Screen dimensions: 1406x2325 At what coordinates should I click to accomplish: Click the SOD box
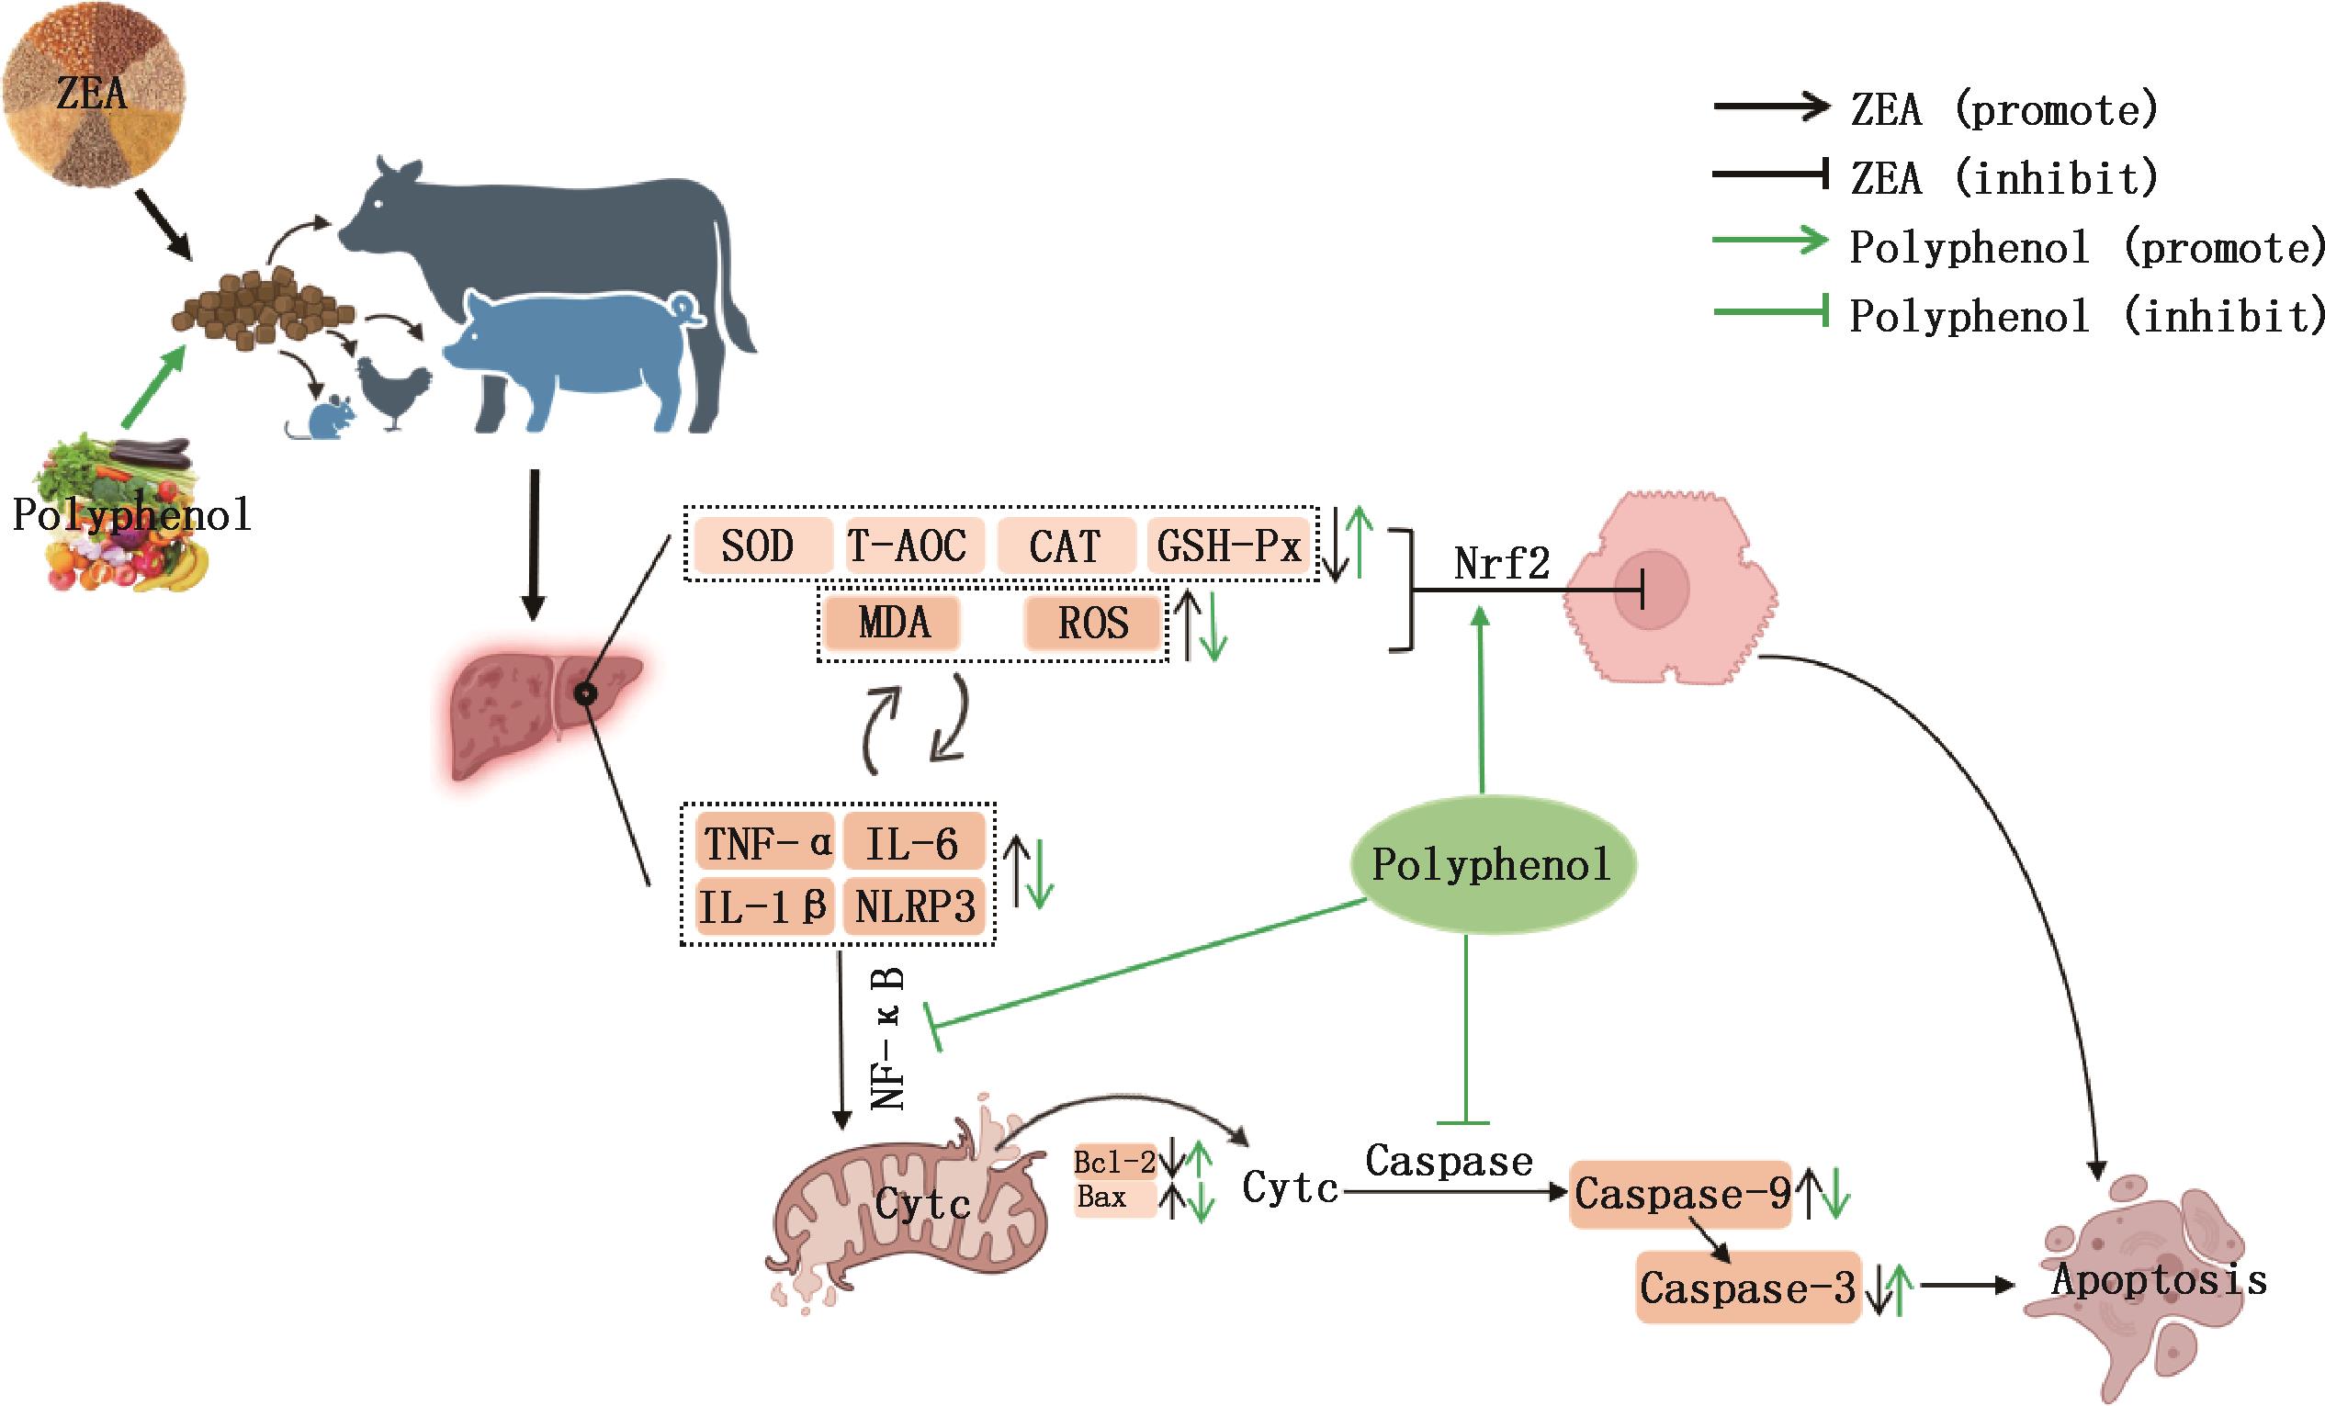point(758,546)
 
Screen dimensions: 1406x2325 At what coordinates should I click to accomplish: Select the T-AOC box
point(908,546)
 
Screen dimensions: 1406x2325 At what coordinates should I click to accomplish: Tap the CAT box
point(1066,546)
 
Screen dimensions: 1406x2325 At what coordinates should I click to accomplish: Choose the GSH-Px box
point(1228,546)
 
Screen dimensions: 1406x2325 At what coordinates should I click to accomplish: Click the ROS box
point(1092,624)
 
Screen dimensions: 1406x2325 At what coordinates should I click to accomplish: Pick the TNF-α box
point(765,842)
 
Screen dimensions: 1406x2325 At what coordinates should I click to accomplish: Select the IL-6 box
point(912,842)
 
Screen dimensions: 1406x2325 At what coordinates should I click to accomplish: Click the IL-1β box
point(763,905)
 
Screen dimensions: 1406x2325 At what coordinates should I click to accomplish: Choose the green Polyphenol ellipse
point(1491,864)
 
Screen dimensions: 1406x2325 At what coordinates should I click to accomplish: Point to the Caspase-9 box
point(1680,1195)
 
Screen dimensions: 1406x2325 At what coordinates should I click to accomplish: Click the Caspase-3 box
point(1747,1288)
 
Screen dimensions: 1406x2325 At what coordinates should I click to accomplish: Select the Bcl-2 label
point(1114,1163)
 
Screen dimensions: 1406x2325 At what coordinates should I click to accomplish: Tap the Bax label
point(1102,1198)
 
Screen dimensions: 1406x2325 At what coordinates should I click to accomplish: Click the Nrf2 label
point(1501,564)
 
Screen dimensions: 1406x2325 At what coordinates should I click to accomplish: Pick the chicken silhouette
point(391,391)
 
